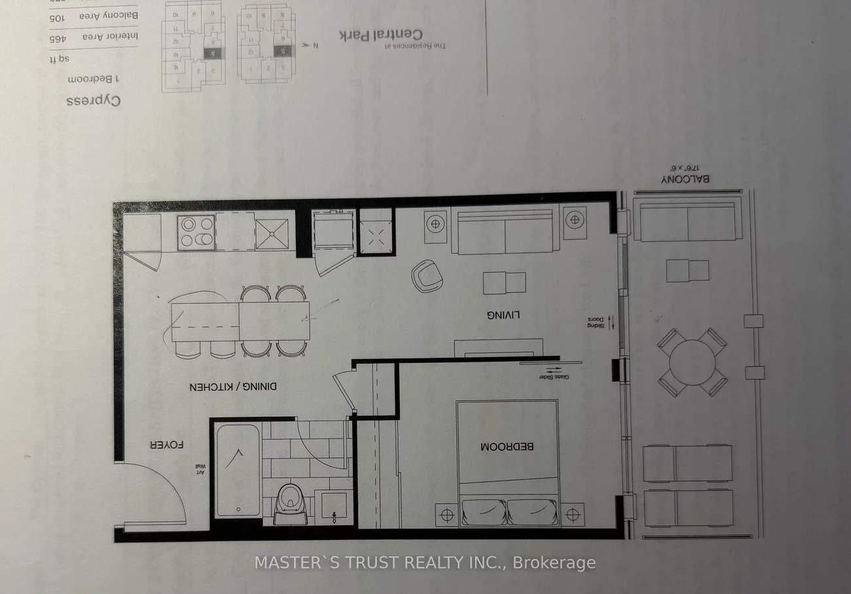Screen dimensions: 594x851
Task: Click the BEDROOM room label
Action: point(507,447)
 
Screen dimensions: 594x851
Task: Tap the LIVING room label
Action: point(503,315)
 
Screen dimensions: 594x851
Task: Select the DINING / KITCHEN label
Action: point(234,387)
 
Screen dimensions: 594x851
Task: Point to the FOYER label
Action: point(166,445)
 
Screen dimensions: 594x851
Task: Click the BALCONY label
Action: point(685,179)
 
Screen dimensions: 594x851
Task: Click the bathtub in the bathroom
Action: point(237,470)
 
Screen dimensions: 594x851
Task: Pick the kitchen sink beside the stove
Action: point(272,234)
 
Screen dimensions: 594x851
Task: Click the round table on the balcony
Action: point(692,362)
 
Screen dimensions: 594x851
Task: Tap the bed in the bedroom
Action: point(507,463)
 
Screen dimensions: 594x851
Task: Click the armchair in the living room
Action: point(427,275)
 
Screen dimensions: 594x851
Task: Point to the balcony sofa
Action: point(687,222)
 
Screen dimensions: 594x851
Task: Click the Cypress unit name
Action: point(94,101)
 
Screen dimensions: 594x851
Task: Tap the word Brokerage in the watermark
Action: point(554,563)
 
